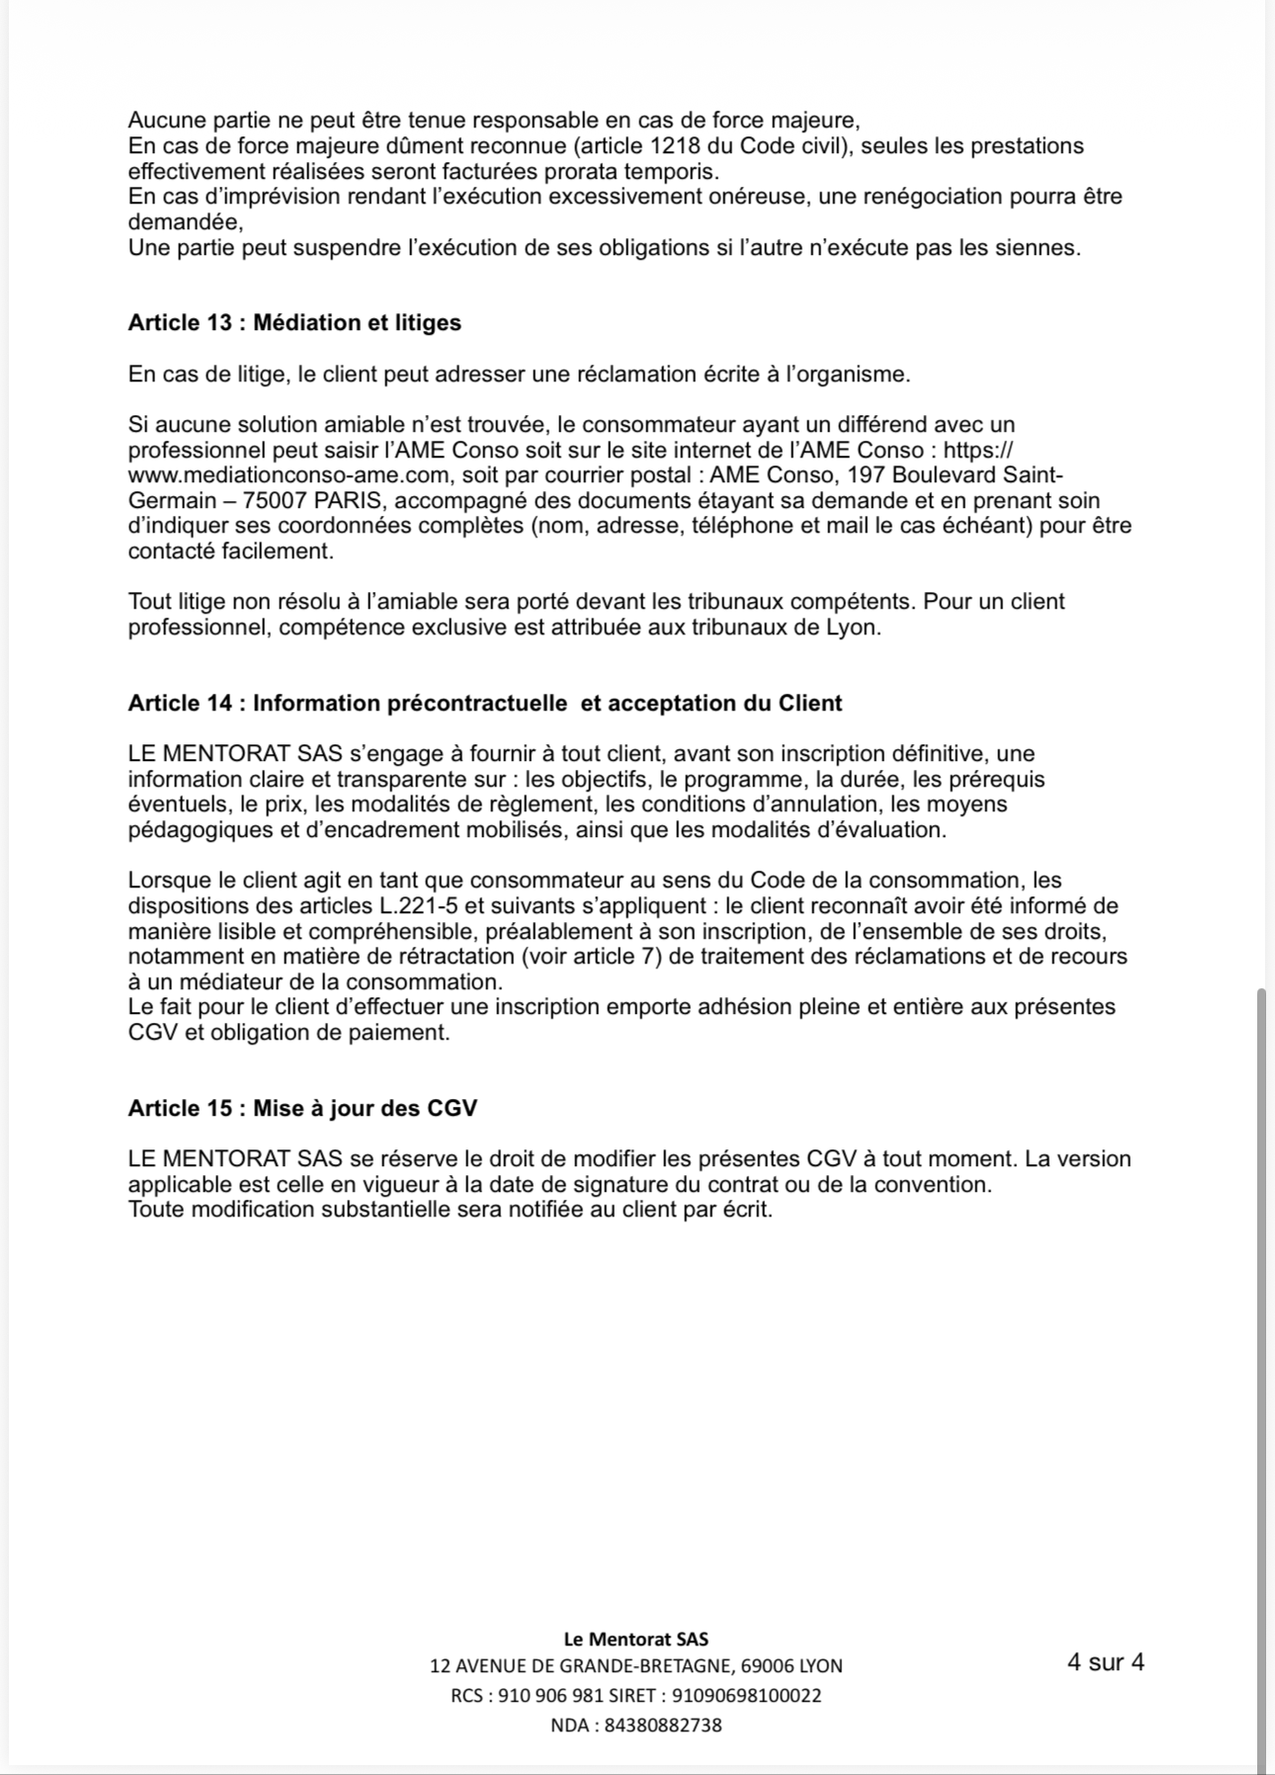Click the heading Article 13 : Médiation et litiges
(x=295, y=323)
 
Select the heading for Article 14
(x=484, y=704)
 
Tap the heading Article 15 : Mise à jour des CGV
(x=302, y=1109)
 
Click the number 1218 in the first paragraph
(x=680, y=146)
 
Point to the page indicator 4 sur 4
(x=1105, y=1662)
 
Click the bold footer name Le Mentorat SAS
(x=636, y=1639)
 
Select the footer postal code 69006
(x=769, y=1666)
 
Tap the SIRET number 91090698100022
(x=746, y=1696)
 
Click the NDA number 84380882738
(x=662, y=1726)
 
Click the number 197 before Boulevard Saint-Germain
(x=867, y=475)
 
